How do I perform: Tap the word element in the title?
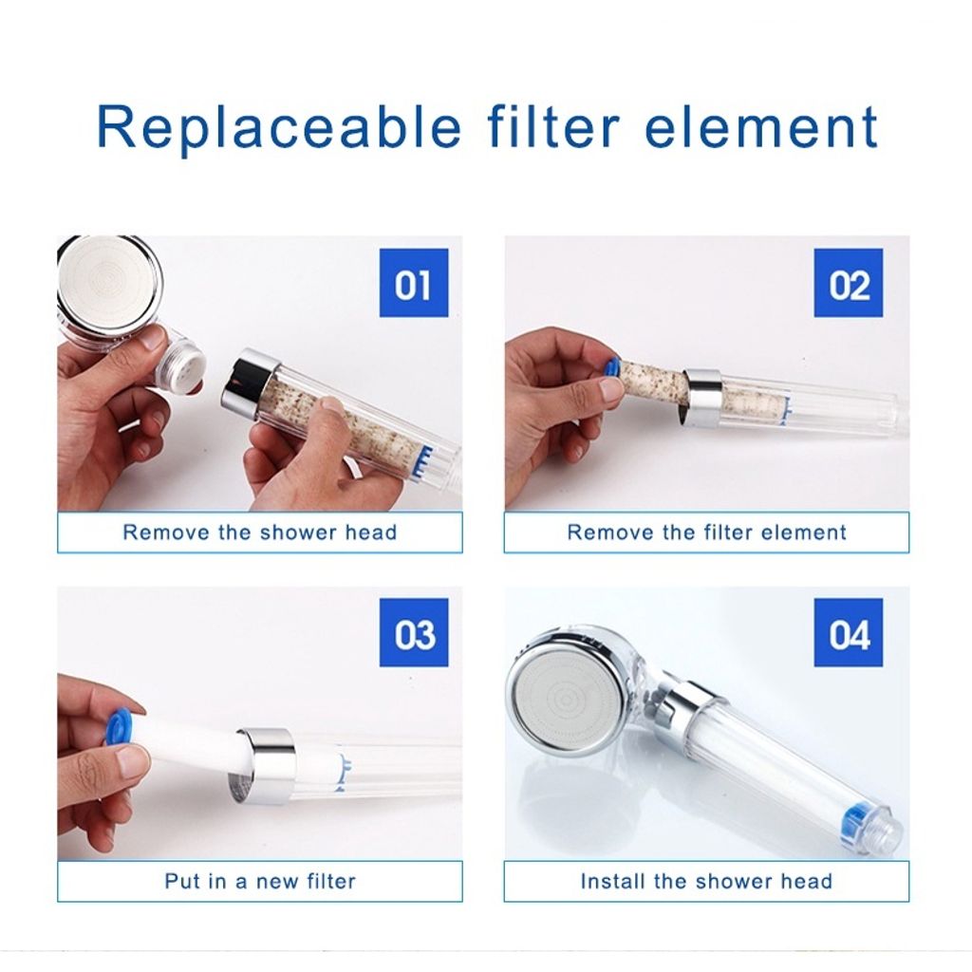click(761, 126)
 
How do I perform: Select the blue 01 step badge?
click(414, 283)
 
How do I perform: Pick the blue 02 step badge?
click(848, 283)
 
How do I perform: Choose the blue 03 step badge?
click(414, 632)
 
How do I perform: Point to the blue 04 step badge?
click(848, 632)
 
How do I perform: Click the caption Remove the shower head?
click(260, 532)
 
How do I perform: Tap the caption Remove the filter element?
click(706, 532)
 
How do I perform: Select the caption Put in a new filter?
click(260, 881)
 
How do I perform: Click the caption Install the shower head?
click(706, 881)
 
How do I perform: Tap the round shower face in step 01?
click(105, 280)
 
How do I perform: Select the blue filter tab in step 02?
click(610, 367)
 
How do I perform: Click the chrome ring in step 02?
click(701, 398)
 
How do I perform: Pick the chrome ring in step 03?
click(266, 766)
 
